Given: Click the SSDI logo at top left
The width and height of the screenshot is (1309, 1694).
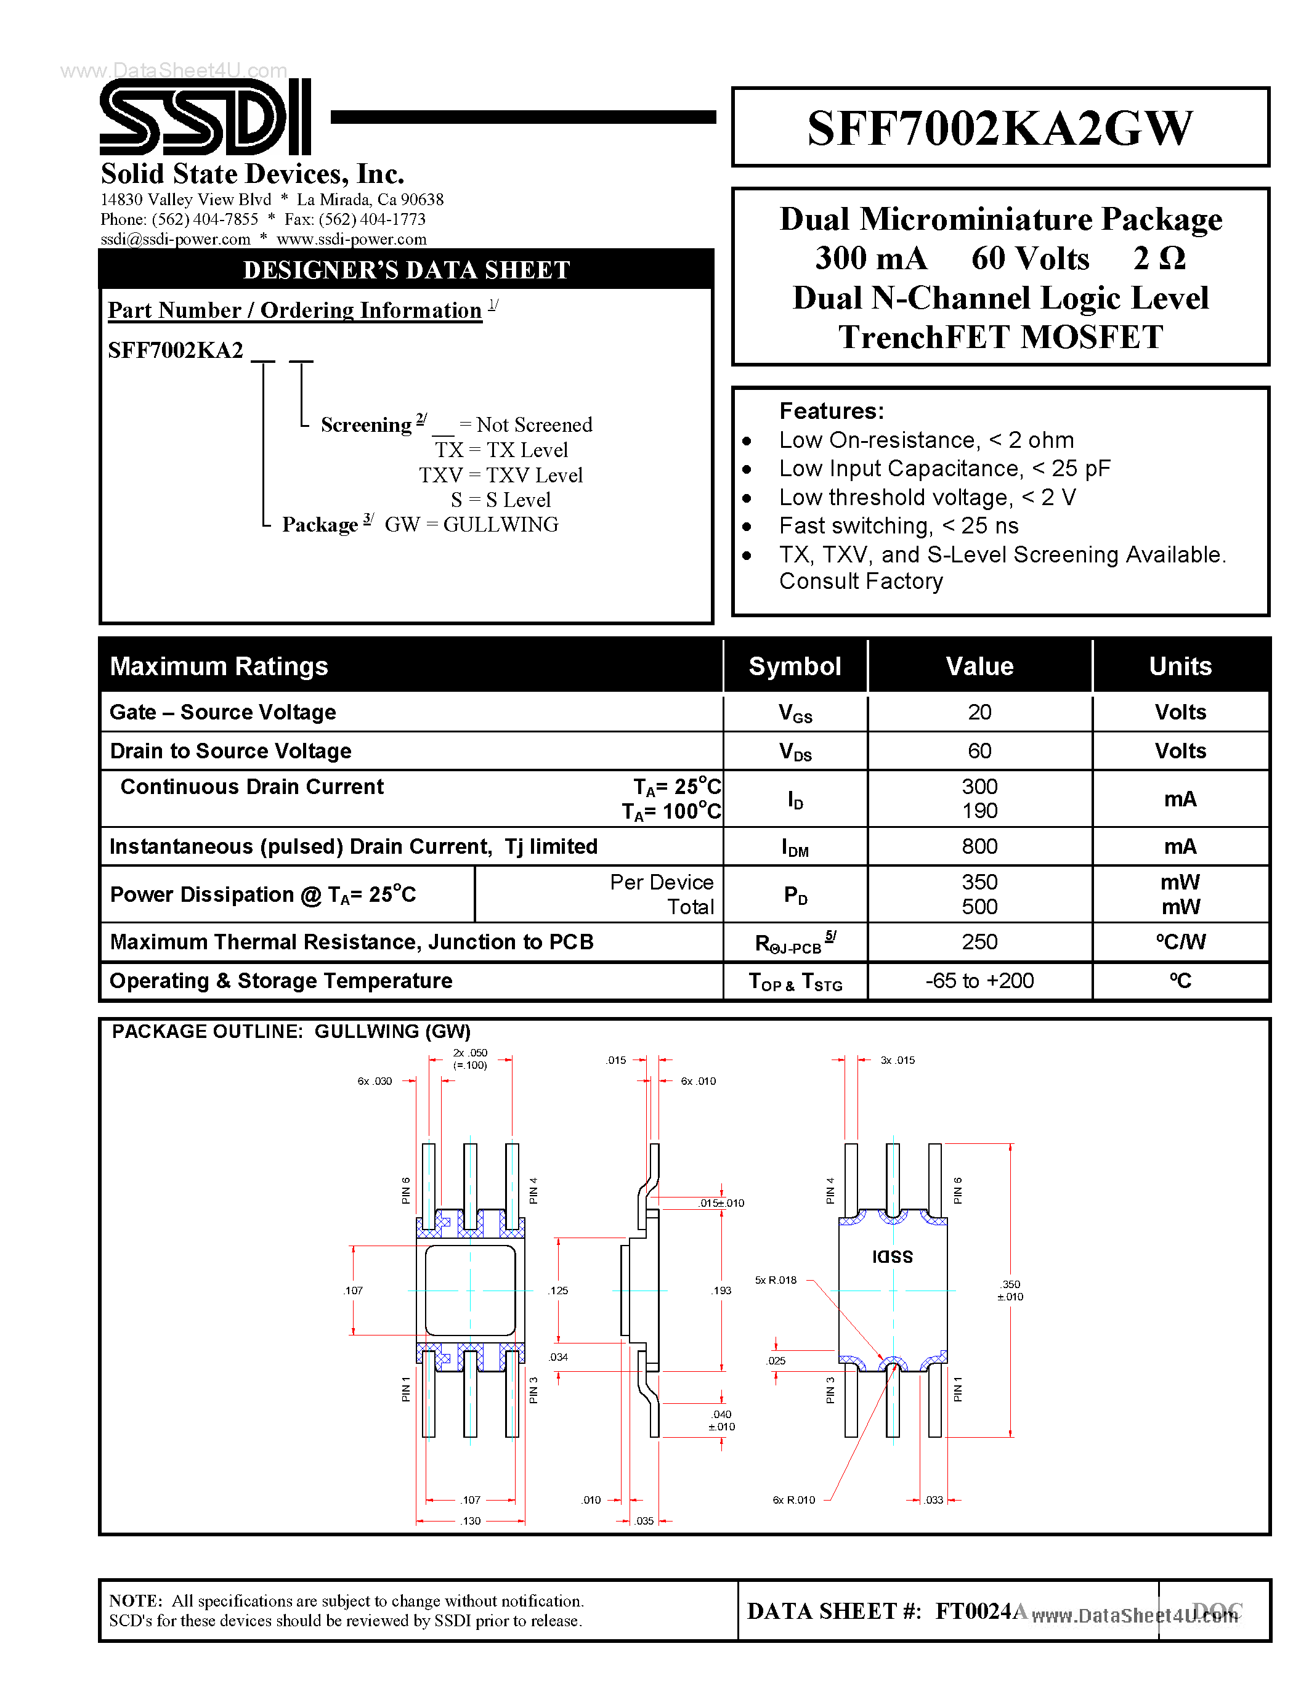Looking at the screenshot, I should click(206, 117).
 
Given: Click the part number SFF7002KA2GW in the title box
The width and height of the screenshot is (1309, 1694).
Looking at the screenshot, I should click(1000, 128).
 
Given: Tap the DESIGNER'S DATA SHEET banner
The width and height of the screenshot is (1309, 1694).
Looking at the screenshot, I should click(407, 270).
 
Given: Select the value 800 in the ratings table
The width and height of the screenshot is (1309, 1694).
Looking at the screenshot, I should click(979, 846).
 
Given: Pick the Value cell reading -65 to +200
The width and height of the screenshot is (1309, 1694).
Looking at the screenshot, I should click(979, 981).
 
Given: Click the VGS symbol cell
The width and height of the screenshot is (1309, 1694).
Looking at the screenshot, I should click(795, 713).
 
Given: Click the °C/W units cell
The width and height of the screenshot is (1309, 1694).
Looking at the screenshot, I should click(1180, 942).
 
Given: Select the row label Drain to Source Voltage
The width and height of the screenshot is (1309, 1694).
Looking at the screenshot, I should click(230, 751).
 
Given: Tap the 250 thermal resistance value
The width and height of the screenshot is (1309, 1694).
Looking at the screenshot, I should click(979, 942).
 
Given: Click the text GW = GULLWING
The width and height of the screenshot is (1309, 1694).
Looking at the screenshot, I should click(471, 525).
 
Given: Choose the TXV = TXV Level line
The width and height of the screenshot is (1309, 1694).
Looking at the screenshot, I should click(501, 476).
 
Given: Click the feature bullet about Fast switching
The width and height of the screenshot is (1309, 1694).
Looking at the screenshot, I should click(898, 526).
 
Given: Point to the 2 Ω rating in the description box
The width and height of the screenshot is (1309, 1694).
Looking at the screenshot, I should click(1159, 258).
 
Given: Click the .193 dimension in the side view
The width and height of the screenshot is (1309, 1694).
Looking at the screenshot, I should click(721, 1291).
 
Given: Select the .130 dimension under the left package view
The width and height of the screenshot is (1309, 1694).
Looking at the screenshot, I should click(471, 1521).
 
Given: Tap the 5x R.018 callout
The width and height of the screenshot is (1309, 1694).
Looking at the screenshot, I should click(776, 1280).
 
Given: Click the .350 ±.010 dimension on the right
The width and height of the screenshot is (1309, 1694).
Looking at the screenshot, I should click(1010, 1291).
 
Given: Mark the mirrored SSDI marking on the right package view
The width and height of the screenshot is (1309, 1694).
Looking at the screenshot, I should click(893, 1256).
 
